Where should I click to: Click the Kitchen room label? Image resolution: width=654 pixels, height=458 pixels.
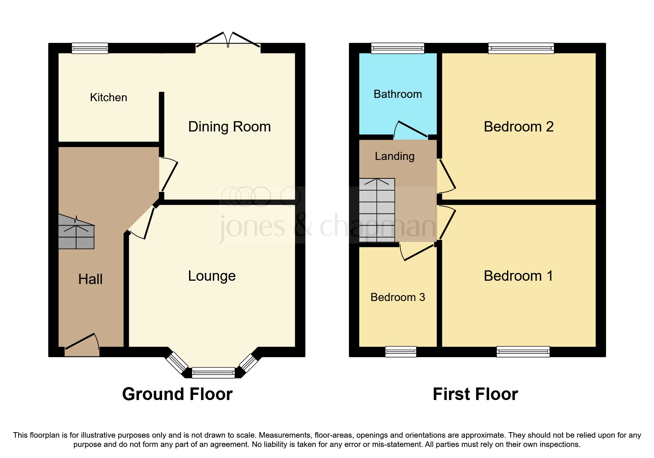coord(109,98)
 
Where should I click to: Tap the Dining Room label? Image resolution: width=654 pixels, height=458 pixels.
coord(229,127)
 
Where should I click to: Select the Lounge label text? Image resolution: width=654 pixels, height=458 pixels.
coord(212,276)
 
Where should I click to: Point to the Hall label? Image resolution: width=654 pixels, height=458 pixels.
coord(90,279)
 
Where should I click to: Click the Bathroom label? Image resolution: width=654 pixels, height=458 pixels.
coord(398,94)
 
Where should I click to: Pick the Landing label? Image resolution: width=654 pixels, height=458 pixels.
coord(394,156)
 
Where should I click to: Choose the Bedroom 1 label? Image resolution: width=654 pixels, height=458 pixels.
coord(518,276)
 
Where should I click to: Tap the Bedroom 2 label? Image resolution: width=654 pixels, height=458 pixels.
coord(518,127)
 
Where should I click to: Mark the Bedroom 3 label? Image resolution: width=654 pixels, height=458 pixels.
coord(398,297)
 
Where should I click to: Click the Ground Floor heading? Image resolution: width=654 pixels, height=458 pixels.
coord(177,394)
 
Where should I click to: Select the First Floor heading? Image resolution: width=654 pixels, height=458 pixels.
coord(475,394)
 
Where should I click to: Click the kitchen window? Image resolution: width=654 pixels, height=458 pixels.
coord(90,48)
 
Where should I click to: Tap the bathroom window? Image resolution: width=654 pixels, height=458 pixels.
coord(398,48)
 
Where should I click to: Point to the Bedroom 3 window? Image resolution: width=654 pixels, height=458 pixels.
coord(401,352)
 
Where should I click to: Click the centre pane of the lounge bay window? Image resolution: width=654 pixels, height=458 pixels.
coord(213,373)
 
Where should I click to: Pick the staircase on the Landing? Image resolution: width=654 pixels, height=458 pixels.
coord(377,210)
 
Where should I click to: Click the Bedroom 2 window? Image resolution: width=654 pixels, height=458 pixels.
coord(521,48)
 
